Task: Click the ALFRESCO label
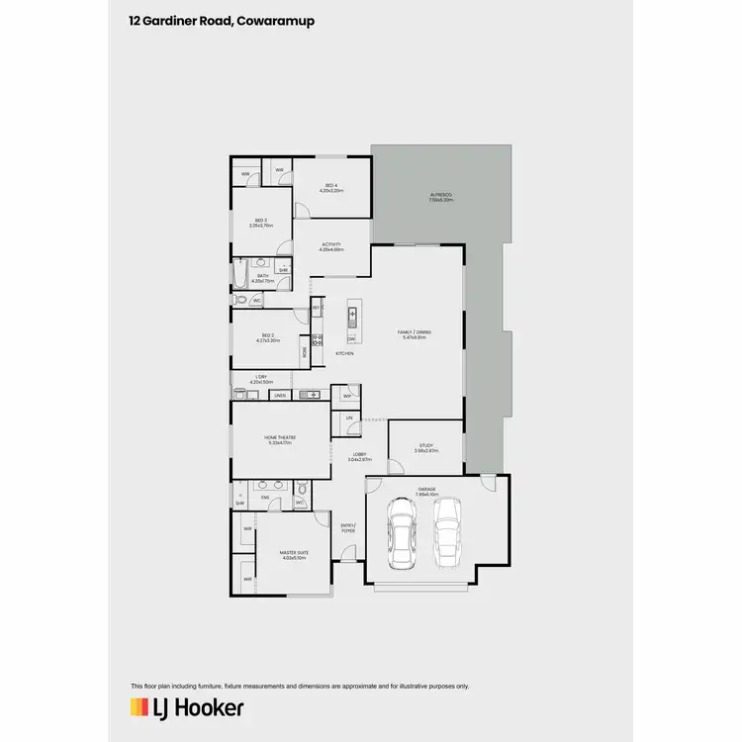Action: pos(440,194)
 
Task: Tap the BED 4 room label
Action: pos(330,186)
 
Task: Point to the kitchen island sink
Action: pos(351,317)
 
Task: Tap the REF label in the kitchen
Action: pos(316,309)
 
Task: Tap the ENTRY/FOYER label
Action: pos(348,528)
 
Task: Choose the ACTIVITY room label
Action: pos(330,244)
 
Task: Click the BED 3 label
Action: pos(261,221)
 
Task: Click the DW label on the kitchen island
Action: pos(351,339)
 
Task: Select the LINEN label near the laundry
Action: pos(280,396)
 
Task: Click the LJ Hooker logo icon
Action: pos(139,707)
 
